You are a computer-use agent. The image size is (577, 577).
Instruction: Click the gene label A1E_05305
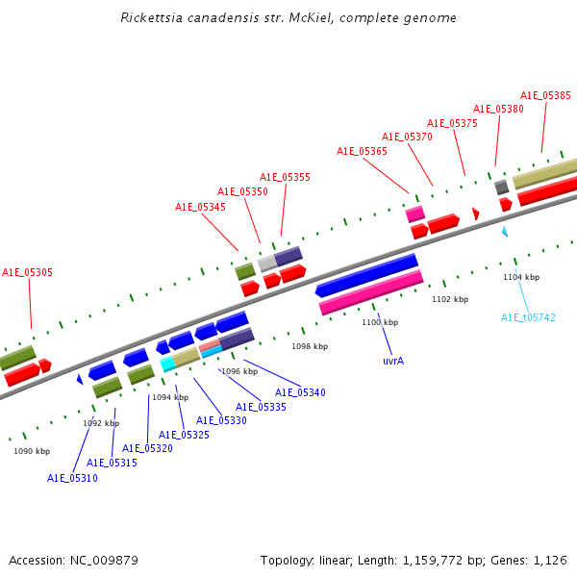point(27,272)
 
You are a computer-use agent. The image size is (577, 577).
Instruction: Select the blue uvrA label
point(393,361)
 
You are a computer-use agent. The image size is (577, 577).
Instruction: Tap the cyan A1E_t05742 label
point(528,317)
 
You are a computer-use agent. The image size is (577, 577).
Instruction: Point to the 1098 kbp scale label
point(310,346)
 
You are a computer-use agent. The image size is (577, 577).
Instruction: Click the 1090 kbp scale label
point(32,451)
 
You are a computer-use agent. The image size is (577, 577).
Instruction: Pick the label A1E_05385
point(545,95)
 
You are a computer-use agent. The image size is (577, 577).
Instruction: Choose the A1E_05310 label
point(72,478)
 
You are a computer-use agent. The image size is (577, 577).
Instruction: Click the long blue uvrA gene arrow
point(366,275)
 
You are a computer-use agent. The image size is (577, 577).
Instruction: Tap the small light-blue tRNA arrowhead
point(505,232)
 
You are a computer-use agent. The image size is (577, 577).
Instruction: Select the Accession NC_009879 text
point(74,561)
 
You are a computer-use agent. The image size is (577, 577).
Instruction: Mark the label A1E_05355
point(286,177)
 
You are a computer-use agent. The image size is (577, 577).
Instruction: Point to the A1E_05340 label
point(301,392)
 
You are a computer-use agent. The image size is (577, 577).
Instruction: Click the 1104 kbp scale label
point(521,277)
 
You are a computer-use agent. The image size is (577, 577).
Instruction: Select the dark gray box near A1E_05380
point(502,188)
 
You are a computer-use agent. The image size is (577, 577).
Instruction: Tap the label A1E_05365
point(363,151)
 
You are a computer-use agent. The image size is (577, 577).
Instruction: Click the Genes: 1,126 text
point(529,561)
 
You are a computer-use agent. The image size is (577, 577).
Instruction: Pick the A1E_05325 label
point(184,435)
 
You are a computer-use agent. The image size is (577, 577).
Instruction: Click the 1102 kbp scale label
point(450,299)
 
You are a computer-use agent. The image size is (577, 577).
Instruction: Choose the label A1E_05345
point(201,207)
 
